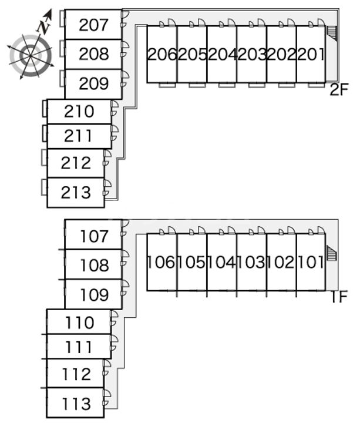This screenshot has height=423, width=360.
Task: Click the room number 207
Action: pyautogui.click(x=94, y=25)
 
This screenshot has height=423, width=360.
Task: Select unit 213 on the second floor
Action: pyautogui.click(x=76, y=192)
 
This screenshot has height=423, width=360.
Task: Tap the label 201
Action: pyautogui.click(x=311, y=55)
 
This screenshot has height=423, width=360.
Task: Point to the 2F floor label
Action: pyautogui.click(x=339, y=90)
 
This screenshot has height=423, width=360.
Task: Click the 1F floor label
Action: pyautogui.click(x=339, y=297)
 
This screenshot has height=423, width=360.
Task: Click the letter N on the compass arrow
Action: pyautogui.click(x=43, y=26)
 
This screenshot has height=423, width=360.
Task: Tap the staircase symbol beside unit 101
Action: pyautogui.click(x=332, y=254)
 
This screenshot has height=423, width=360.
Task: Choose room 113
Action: pyautogui.click(x=76, y=404)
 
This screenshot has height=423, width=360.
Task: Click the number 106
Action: pyautogui.click(x=162, y=262)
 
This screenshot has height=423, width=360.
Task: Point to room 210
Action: pyautogui.click(x=79, y=111)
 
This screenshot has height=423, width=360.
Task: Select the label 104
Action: pyautogui.click(x=222, y=262)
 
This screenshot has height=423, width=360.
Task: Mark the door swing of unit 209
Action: pyautogui.click(x=125, y=77)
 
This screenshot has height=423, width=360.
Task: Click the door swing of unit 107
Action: pyautogui.click(x=125, y=227)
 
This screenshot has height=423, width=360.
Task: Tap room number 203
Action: pyautogui.click(x=251, y=55)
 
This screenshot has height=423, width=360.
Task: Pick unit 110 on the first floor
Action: pyautogui.click(x=79, y=323)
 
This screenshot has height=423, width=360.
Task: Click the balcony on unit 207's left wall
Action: pyautogui.click(x=62, y=21)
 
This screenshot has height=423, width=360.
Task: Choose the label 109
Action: pyautogui.click(x=94, y=294)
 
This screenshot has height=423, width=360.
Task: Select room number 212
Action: pyautogui.click(x=76, y=163)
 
